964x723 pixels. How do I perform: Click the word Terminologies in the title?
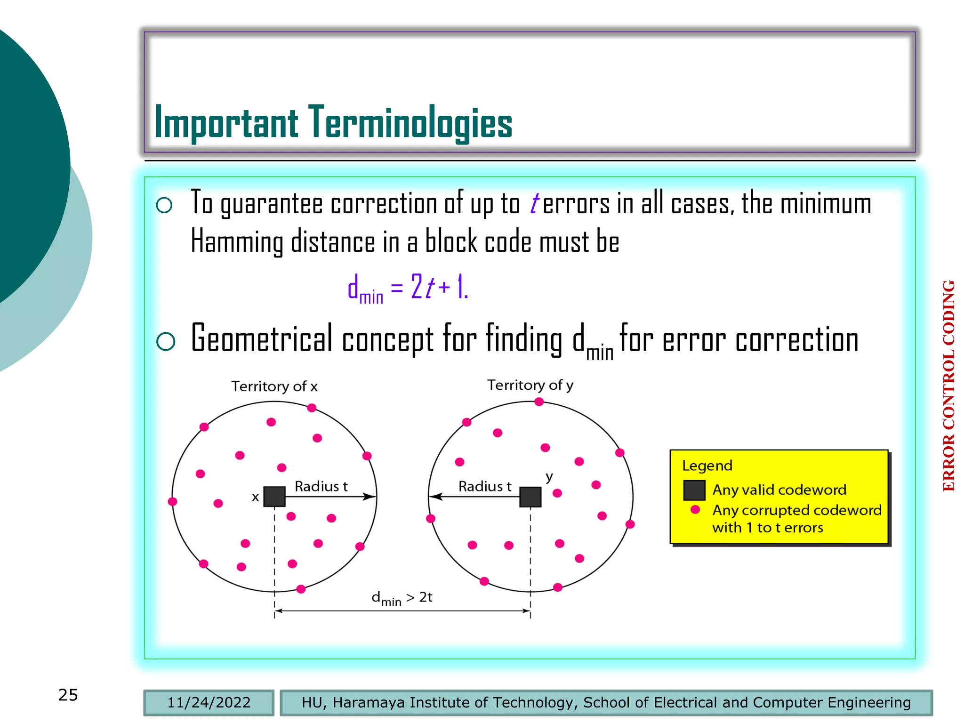click(x=410, y=123)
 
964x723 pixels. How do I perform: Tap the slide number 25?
click(x=68, y=695)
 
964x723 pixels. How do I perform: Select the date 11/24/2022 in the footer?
click(x=209, y=702)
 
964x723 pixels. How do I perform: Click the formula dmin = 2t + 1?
click(x=408, y=287)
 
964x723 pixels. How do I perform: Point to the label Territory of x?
click(x=274, y=386)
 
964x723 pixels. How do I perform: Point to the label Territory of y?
click(x=530, y=385)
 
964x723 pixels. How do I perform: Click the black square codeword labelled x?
click(x=274, y=497)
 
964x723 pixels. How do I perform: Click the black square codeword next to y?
click(x=530, y=497)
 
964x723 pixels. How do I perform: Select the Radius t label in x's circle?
click(x=321, y=486)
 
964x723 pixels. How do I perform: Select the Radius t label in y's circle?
click(x=485, y=486)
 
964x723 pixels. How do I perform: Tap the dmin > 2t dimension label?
click(x=402, y=598)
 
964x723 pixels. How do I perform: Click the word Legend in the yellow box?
click(x=707, y=466)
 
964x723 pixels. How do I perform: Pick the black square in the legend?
click(x=694, y=490)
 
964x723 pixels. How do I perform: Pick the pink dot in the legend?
click(x=695, y=509)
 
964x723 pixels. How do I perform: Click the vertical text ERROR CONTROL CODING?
click(x=949, y=386)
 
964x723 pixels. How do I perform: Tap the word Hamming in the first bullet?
click(x=237, y=241)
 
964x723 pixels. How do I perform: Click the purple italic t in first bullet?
click(x=534, y=204)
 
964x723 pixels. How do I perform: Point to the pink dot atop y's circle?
click(x=539, y=402)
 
